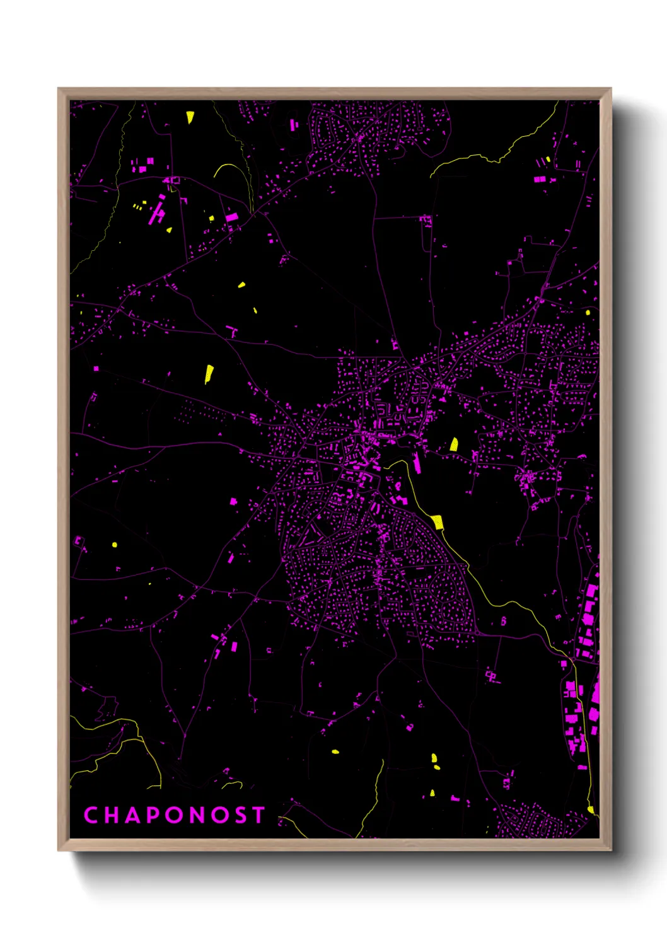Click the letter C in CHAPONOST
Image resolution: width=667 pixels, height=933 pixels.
91,815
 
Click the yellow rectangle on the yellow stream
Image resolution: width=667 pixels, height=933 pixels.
438,522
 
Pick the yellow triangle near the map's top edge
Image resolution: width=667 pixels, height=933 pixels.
190,117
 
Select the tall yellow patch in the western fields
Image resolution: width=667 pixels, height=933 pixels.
209,374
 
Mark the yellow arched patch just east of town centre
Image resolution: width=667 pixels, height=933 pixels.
454,444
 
